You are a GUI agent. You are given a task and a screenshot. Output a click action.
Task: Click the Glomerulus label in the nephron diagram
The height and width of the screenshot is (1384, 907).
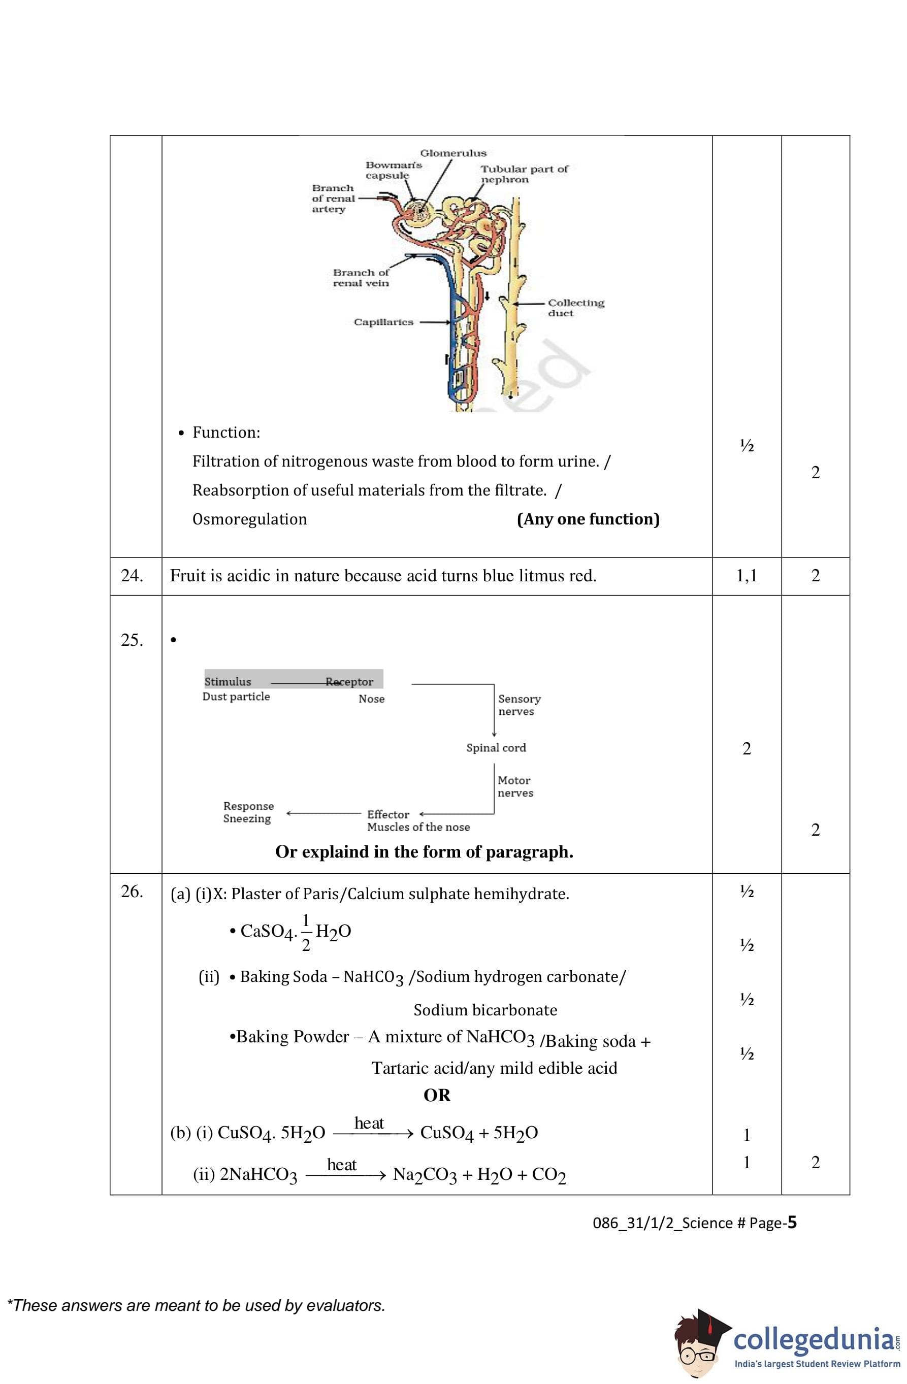coord(452,153)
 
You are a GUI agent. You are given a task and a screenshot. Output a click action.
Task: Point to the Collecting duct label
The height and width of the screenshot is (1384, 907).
coord(575,308)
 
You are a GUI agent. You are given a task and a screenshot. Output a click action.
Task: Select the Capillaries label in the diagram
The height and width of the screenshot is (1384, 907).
coord(383,322)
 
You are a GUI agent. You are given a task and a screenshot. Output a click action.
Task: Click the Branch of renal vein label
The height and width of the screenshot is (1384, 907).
coord(361,278)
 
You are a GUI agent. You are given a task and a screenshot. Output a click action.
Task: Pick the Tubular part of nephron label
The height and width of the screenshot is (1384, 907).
coord(524,174)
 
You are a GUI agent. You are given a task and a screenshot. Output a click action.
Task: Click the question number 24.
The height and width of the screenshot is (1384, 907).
coord(132,576)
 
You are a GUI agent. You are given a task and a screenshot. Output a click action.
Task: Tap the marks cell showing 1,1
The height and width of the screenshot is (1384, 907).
coord(747,576)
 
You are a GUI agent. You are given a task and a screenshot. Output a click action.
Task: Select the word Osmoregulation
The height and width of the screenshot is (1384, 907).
coord(249,519)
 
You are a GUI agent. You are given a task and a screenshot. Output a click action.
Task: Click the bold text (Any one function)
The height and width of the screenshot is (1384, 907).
coord(588,519)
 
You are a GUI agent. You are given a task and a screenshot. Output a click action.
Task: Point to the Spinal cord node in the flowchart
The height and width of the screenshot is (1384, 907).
coord(496,748)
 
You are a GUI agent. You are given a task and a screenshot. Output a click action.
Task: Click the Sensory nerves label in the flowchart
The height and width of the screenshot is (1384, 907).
coord(519,705)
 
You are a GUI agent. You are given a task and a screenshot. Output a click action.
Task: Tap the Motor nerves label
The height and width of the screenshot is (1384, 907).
coord(515,786)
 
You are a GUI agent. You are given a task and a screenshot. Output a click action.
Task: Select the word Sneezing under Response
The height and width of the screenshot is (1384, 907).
coord(247,819)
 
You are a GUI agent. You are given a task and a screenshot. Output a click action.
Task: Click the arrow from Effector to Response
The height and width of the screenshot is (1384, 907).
coord(323,813)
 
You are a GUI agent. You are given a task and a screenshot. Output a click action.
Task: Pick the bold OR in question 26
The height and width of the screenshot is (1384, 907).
coord(437,1096)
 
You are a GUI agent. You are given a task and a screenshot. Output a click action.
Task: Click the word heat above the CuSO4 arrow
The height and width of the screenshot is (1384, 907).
coord(369,1123)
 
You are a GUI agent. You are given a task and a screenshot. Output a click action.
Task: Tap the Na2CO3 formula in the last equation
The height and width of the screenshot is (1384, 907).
coord(425,1175)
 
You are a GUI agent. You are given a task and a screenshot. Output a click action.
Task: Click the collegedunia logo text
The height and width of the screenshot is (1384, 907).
coord(815,1340)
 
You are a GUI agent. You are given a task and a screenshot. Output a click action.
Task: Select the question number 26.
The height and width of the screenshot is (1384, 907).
coord(132,892)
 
